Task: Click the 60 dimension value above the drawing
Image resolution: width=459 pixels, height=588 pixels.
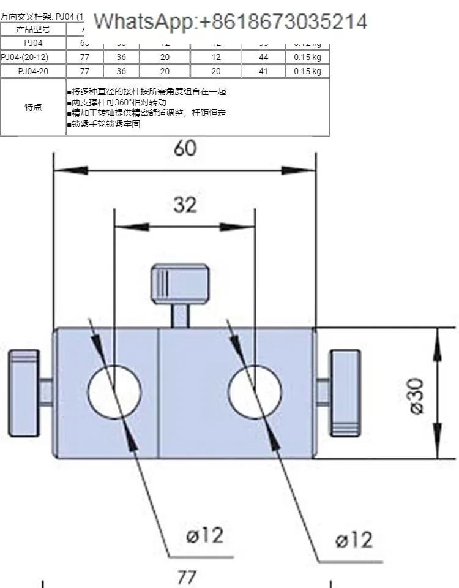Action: click(x=185, y=148)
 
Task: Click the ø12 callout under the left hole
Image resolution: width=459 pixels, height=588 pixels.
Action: click(x=204, y=536)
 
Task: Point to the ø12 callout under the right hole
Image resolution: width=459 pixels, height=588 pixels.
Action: click(x=354, y=540)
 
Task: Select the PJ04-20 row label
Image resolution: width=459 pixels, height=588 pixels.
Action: click(x=33, y=71)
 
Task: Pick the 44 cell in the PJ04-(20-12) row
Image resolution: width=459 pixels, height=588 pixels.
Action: click(x=263, y=57)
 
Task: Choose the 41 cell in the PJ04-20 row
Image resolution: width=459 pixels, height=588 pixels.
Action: click(x=263, y=71)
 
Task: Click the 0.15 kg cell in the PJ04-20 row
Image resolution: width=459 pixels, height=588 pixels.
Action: click(x=307, y=71)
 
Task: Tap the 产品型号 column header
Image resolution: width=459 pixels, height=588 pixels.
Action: click(x=33, y=29)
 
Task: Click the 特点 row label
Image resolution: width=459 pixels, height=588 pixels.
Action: click(x=33, y=107)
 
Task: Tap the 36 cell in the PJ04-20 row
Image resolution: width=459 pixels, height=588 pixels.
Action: click(x=121, y=71)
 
